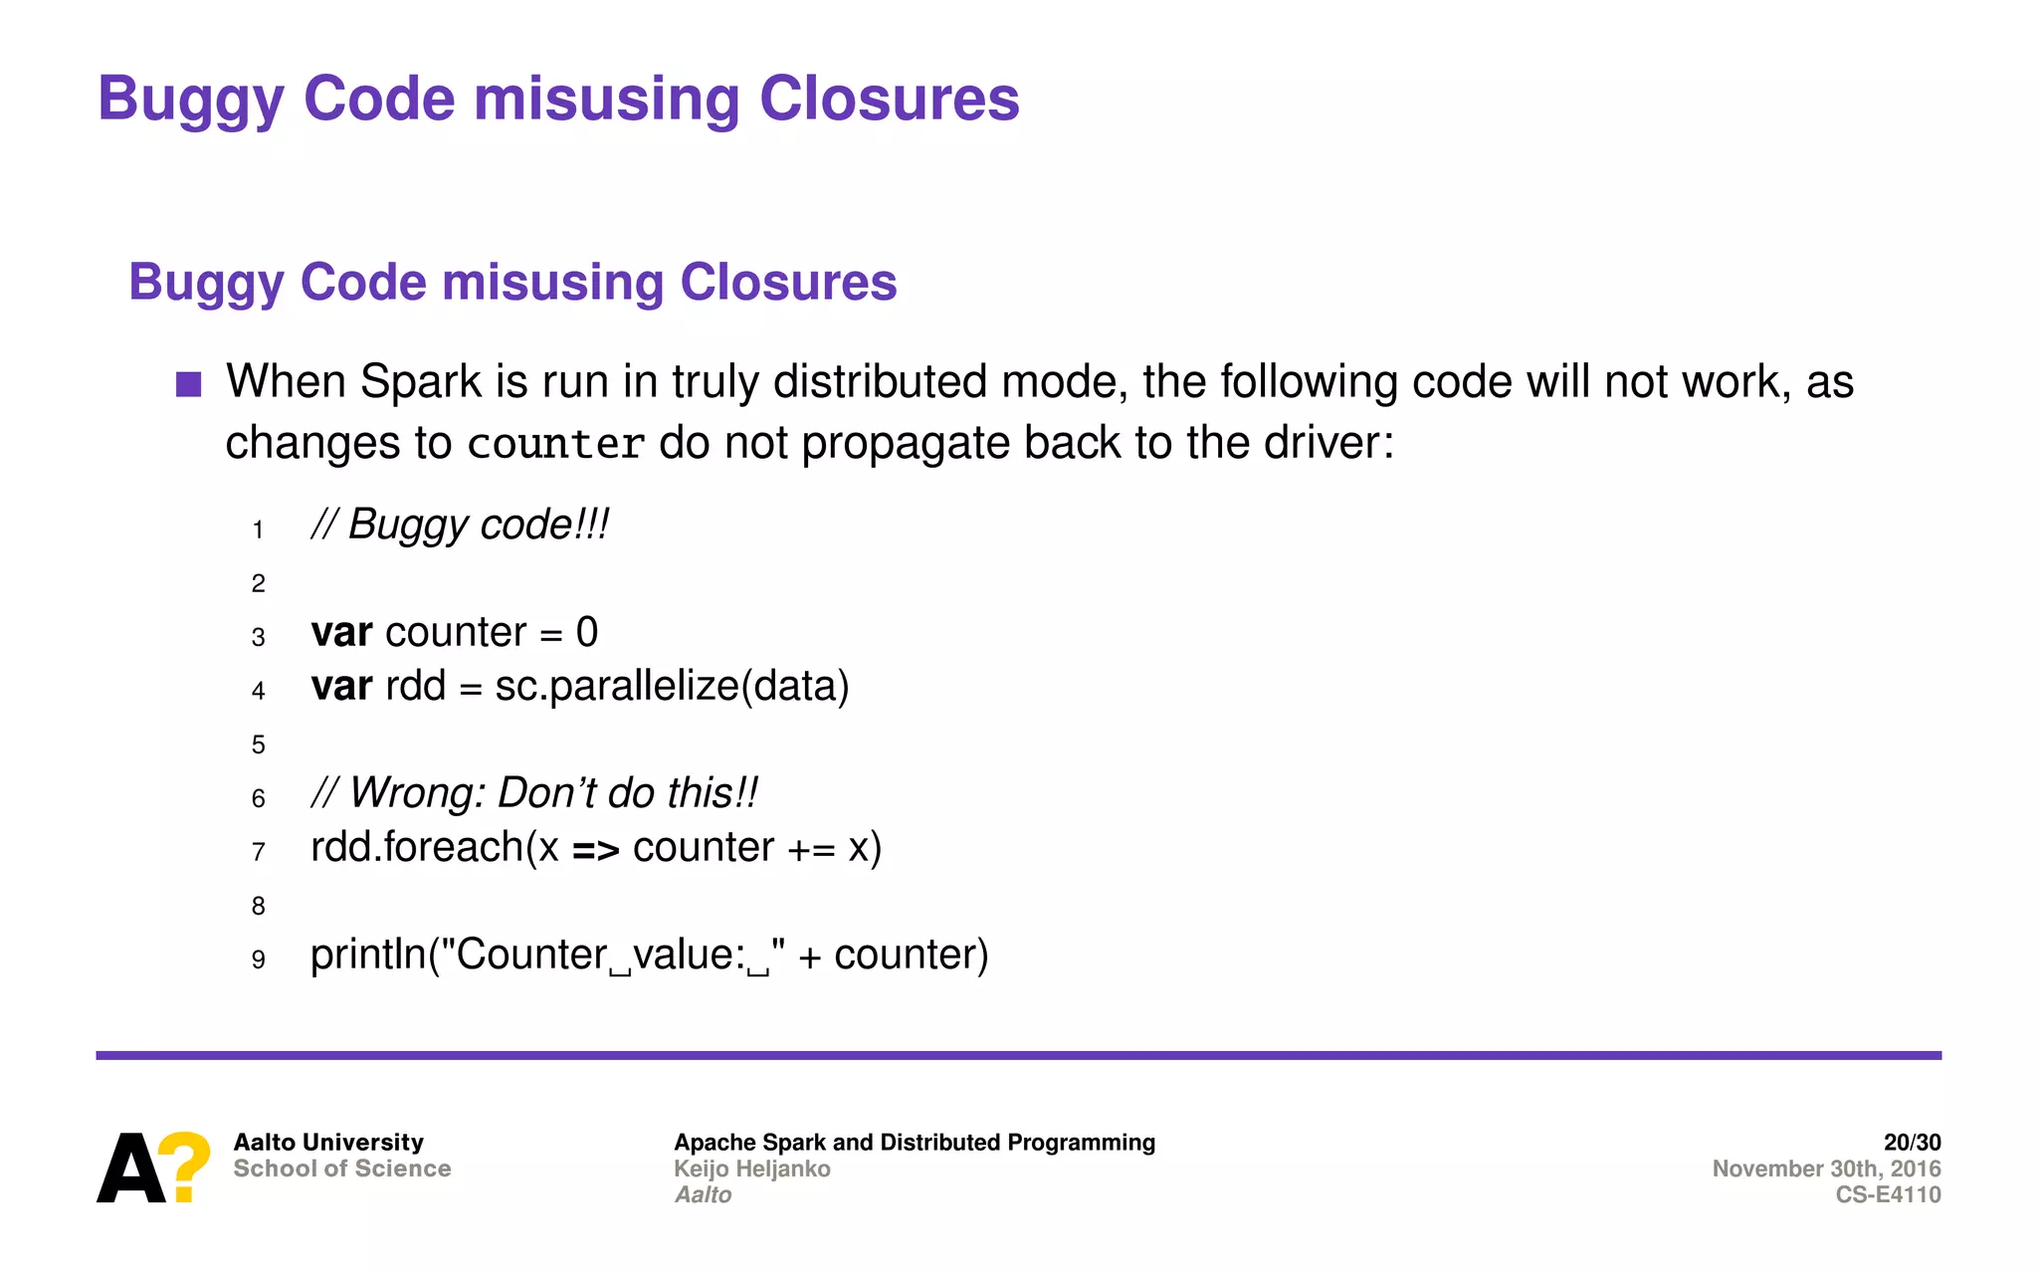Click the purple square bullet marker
pyautogui.click(x=189, y=384)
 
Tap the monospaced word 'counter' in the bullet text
pyautogui.click(x=555, y=444)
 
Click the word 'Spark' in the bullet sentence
pyautogui.click(x=420, y=382)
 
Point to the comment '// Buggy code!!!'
pyautogui.click(x=460, y=525)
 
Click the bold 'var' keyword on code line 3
pyautogui.click(x=341, y=633)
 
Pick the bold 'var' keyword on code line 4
pyautogui.click(x=341, y=687)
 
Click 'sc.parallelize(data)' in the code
pyautogui.click(x=672, y=687)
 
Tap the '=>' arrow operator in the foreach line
pyautogui.click(x=596, y=849)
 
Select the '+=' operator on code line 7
pyautogui.click(x=811, y=849)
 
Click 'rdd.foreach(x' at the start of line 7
pyautogui.click(x=434, y=848)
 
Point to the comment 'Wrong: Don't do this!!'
pyautogui.click(x=534, y=793)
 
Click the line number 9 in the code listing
pyautogui.click(x=259, y=960)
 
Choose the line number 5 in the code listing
pyautogui.click(x=259, y=744)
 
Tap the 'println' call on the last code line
pyautogui.click(x=368, y=955)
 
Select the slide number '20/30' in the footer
pyautogui.click(x=1912, y=1143)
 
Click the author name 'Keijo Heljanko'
pyautogui.click(x=752, y=1168)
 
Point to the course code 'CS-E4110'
pyautogui.click(x=1888, y=1194)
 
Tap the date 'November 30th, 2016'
pyautogui.click(x=1826, y=1168)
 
